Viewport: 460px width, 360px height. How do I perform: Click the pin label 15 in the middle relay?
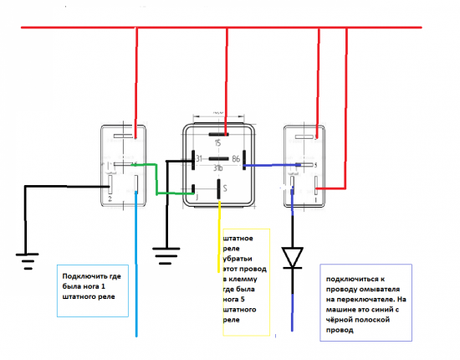[x=220, y=143]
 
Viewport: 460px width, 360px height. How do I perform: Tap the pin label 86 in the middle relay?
[x=238, y=157]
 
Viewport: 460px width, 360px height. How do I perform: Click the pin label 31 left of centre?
[x=199, y=157]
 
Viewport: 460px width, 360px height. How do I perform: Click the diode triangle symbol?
[x=294, y=256]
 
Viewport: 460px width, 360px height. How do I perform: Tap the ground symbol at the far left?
[x=27, y=260]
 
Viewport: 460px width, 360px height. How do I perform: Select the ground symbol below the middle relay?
[x=166, y=252]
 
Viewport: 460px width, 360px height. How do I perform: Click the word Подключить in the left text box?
[x=84, y=275]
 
